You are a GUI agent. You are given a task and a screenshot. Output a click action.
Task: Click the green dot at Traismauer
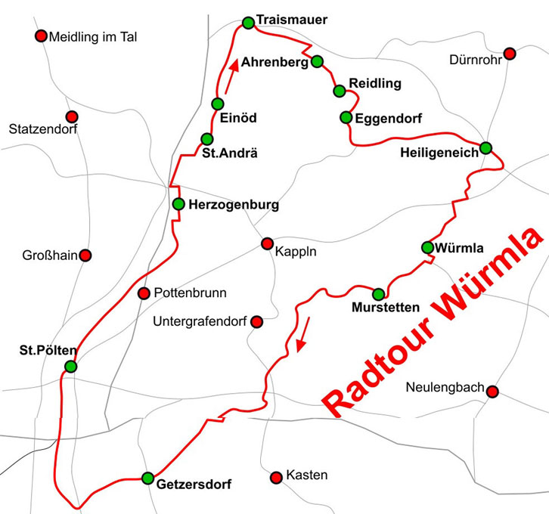point(247,23)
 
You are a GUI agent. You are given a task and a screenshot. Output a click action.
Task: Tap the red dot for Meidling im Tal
point(41,36)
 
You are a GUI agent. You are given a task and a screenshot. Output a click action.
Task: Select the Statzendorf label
point(43,130)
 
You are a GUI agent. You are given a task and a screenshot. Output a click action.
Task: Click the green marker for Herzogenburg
point(178,203)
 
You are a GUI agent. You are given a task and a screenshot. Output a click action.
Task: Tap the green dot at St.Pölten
point(70,367)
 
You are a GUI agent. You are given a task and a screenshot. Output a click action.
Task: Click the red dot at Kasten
point(275,477)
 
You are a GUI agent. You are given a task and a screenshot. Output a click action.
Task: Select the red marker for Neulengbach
point(492,391)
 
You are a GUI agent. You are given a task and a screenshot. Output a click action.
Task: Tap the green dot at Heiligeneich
point(485,147)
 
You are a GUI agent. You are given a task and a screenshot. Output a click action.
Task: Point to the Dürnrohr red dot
point(510,54)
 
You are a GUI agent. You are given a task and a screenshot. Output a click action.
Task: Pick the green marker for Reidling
point(339,91)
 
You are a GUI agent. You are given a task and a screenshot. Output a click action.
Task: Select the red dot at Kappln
point(266,243)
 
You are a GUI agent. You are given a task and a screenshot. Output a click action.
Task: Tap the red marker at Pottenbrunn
point(144,293)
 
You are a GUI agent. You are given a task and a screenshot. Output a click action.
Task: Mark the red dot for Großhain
point(85,255)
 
